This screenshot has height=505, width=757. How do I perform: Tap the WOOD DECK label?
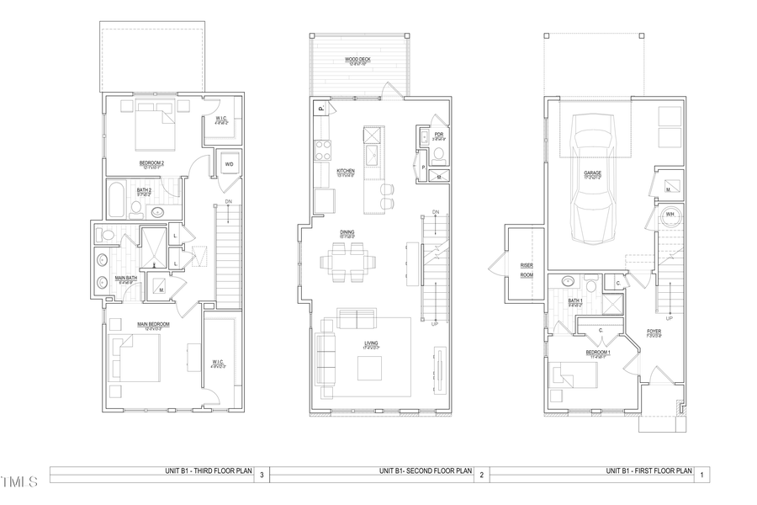359,60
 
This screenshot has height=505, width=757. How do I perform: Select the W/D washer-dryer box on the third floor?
228,164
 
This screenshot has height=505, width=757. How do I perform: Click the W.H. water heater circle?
670,217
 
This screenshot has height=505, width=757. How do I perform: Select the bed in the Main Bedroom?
135,359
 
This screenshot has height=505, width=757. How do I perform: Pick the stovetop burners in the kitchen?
323,150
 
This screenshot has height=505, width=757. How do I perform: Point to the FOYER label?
653,332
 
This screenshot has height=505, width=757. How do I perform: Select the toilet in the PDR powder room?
437,154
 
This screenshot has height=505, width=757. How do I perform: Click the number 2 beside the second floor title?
482,476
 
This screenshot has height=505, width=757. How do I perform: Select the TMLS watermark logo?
19,482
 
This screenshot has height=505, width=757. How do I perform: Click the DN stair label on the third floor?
228,202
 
